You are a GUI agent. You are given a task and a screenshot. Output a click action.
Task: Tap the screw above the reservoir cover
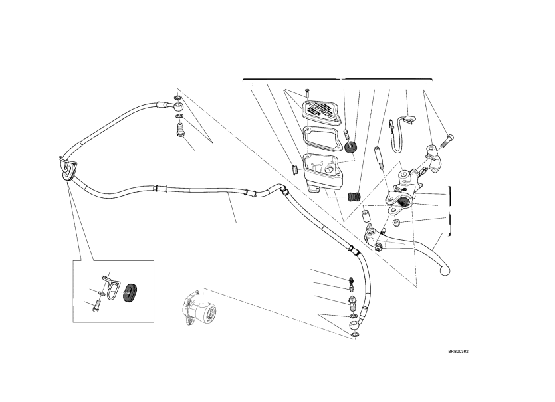click(308, 92)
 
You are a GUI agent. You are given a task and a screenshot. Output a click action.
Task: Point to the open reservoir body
click(322, 168)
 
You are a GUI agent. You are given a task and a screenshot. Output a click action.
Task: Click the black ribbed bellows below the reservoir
click(354, 197)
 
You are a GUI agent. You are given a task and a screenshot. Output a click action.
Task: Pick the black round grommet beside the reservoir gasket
click(352, 147)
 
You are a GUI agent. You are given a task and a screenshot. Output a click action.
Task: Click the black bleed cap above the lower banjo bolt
click(351, 280)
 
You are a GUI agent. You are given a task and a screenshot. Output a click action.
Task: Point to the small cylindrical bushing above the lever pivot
click(365, 217)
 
